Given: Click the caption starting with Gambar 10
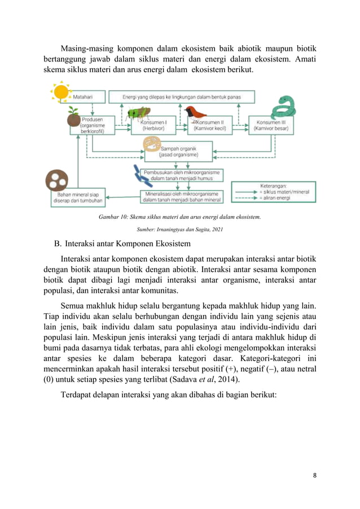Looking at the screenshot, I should pos(179,217).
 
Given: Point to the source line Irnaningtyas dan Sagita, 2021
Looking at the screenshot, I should pos(179,229).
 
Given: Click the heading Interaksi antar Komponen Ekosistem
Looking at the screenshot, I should pos(127,244).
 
